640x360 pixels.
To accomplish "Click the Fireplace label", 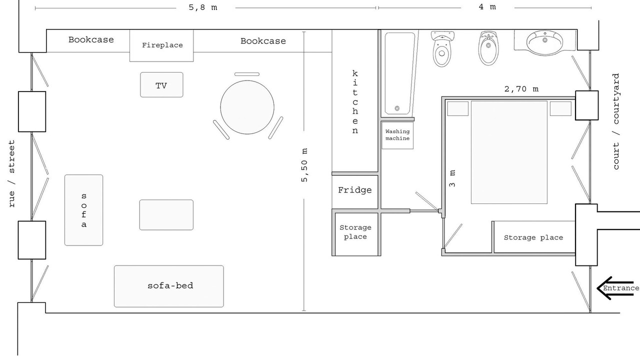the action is pos(162,45).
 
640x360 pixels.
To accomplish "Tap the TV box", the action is pos(161,84).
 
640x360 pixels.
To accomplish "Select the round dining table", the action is pos(247,107).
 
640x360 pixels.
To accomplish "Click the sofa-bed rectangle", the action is pos(169,286).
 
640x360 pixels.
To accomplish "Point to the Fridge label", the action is pos(355,190).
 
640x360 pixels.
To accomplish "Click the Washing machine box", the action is pos(397,135).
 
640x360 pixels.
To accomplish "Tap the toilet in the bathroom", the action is pos(442,49).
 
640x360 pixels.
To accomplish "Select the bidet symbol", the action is pos(488,48).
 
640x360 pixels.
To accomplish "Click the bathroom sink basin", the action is pos(544,43).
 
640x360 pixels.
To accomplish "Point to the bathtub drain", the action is pos(397,108).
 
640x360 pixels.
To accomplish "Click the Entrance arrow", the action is pos(617,288).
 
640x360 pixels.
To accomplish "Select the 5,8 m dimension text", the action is pos(203,7).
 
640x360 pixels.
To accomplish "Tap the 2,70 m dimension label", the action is pos(521,89).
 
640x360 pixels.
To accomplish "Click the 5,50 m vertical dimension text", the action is pos(304,165).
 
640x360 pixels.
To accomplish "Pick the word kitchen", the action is pos(355,102).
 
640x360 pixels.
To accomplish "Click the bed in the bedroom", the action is pos(509,152).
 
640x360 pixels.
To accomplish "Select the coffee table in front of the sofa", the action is pos(166,215).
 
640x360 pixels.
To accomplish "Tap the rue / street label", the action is pos(11,173).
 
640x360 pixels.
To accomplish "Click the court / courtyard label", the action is pos(616,121).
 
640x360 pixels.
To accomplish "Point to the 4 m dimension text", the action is pos(487,6).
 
